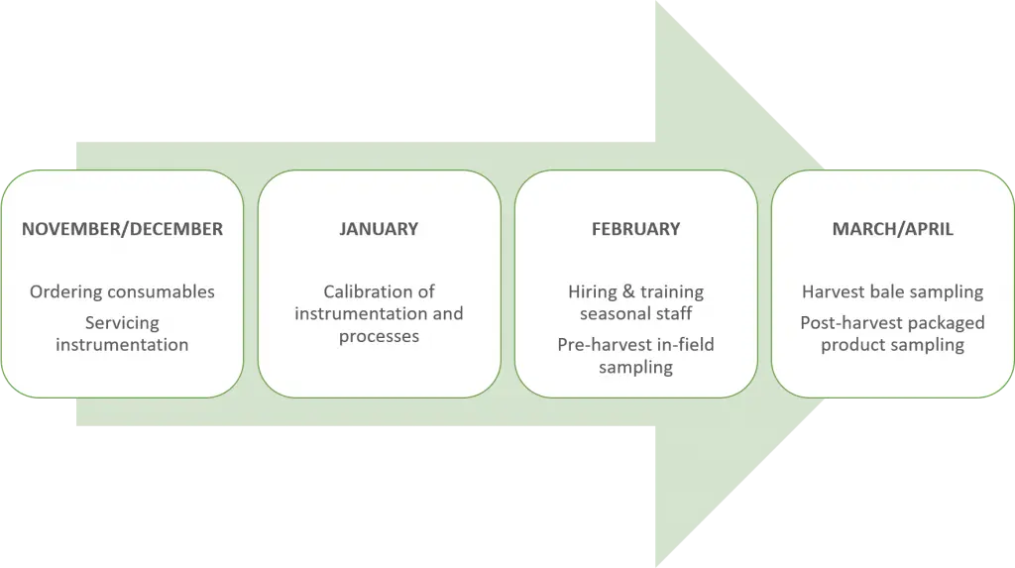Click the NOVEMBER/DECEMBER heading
(122, 229)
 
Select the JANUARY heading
(379, 229)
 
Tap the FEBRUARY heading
(635, 229)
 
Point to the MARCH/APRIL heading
(892, 229)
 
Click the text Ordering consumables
(122, 291)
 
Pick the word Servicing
(122, 322)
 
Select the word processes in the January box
(379, 337)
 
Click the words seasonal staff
(635, 313)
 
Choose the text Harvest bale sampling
(892, 291)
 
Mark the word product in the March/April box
(847, 345)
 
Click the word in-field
(684, 345)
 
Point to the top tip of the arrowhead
(652, 3)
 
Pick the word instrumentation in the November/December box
(122, 345)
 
